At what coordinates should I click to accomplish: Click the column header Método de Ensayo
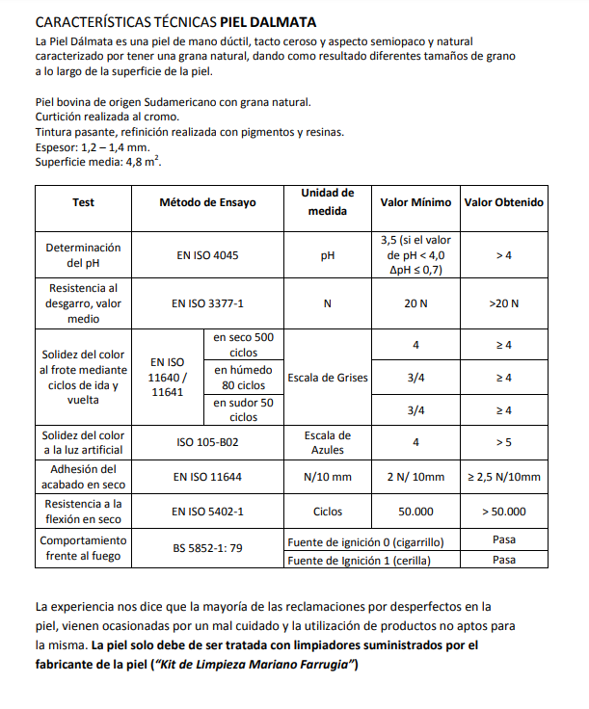click(x=207, y=203)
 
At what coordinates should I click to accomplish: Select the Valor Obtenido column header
click(x=503, y=203)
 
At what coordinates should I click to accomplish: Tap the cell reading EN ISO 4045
click(x=207, y=255)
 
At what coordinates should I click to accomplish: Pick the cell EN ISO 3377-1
click(x=207, y=303)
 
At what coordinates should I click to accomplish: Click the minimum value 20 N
click(x=415, y=303)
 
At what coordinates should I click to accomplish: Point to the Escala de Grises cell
click(x=328, y=378)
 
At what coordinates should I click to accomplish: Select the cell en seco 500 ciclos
click(x=244, y=345)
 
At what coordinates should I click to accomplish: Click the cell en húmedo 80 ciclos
click(x=244, y=378)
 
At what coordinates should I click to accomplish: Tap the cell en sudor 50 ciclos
click(x=244, y=410)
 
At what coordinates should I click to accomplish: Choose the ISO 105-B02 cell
click(x=207, y=443)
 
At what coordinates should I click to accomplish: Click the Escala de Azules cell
click(x=328, y=443)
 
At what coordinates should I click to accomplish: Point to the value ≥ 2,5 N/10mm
click(x=503, y=477)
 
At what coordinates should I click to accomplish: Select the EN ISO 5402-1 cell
click(x=207, y=511)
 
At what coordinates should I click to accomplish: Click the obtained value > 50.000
click(x=503, y=511)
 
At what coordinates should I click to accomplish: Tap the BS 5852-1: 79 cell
click(x=207, y=549)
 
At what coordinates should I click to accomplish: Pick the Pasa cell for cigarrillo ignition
click(x=503, y=540)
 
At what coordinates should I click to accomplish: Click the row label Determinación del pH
click(x=83, y=255)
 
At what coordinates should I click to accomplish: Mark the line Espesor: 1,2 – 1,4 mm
click(x=93, y=147)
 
